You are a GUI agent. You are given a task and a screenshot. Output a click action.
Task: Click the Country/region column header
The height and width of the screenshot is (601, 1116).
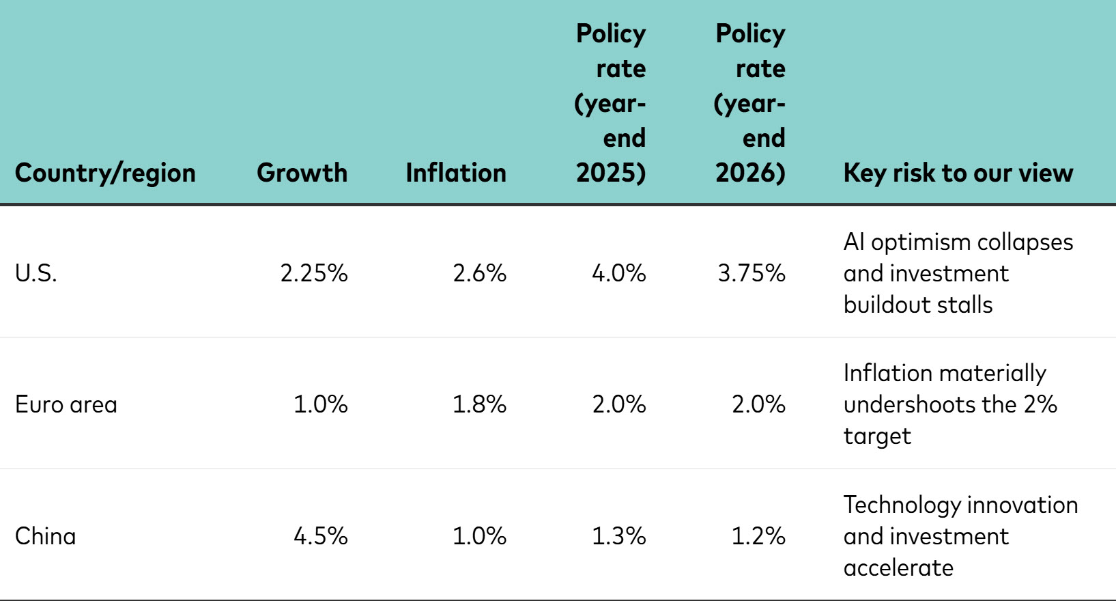tap(105, 173)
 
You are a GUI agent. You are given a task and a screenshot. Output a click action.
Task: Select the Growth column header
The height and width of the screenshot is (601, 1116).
tap(302, 173)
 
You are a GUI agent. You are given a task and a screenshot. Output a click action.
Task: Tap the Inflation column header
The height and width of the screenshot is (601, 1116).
tap(455, 173)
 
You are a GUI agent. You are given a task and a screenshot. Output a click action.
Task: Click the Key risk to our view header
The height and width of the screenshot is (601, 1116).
tap(958, 173)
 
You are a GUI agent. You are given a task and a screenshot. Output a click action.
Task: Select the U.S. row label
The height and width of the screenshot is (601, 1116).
tap(36, 273)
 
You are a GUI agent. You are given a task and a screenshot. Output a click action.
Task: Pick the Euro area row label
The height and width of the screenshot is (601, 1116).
tap(66, 404)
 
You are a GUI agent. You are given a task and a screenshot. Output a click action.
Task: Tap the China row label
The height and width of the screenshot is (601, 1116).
tap(45, 536)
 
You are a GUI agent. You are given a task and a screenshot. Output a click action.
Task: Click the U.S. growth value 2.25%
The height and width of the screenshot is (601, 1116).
tap(314, 273)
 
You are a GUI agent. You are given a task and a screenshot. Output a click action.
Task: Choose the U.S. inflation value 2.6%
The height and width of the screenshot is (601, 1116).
tap(479, 273)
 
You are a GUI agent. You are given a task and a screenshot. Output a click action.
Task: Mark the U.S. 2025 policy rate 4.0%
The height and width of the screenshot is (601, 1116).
tap(618, 273)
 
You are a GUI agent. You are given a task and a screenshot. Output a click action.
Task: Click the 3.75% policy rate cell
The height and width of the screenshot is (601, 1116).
tap(752, 273)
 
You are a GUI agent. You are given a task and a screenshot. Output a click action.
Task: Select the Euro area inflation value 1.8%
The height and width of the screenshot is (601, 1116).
tap(479, 404)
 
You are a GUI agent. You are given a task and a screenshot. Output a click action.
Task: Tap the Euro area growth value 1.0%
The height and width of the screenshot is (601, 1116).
tap(320, 404)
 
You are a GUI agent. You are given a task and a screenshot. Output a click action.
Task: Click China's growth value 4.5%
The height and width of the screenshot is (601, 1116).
tap(320, 536)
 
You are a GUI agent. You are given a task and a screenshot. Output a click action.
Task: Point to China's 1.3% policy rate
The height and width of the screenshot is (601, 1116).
tap(618, 536)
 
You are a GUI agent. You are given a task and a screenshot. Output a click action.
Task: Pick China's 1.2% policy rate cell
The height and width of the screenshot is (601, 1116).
tap(758, 536)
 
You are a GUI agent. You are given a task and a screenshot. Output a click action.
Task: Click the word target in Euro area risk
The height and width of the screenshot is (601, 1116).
tap(877, 436)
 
